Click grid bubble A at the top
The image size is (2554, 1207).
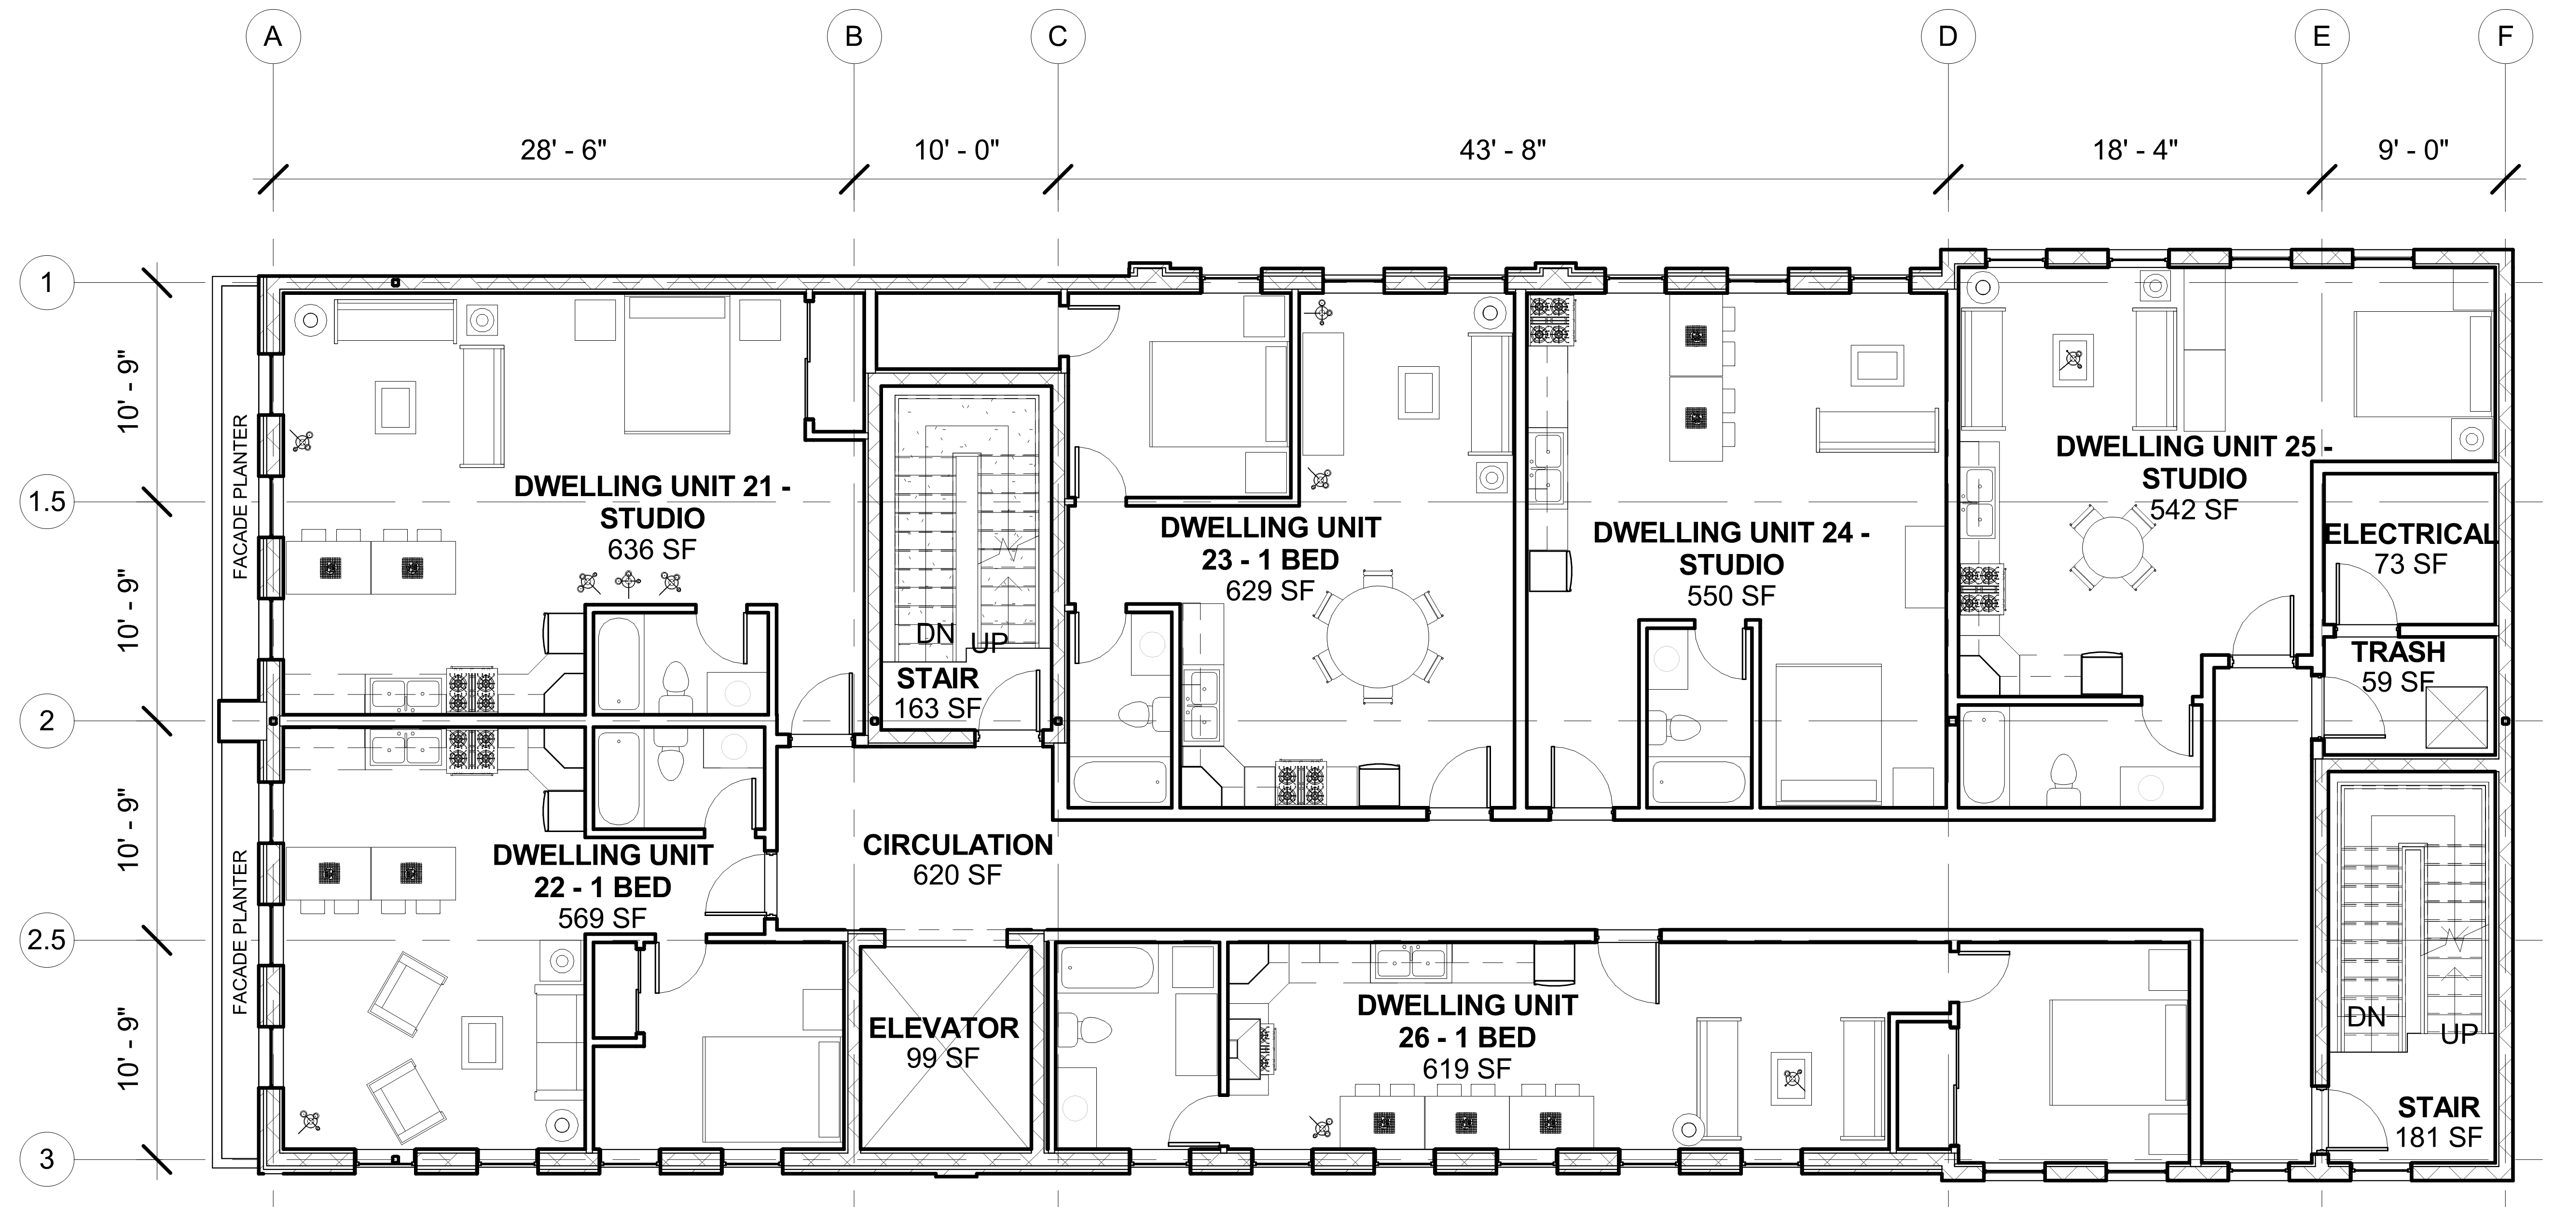click(x=273, y=37)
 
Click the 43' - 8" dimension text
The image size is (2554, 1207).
click(x=1502, y=150)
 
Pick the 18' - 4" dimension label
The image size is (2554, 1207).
click(x=2135, y=150)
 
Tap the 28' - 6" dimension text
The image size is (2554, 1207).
click(x=563, y=150)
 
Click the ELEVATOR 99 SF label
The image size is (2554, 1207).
click(x=943, y=1042)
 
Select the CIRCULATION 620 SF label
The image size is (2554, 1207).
click(x=958, y=859)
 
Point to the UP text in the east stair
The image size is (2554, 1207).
click(x=2459, y=1034)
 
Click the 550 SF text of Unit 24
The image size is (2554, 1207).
click(x=1731, y=596)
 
